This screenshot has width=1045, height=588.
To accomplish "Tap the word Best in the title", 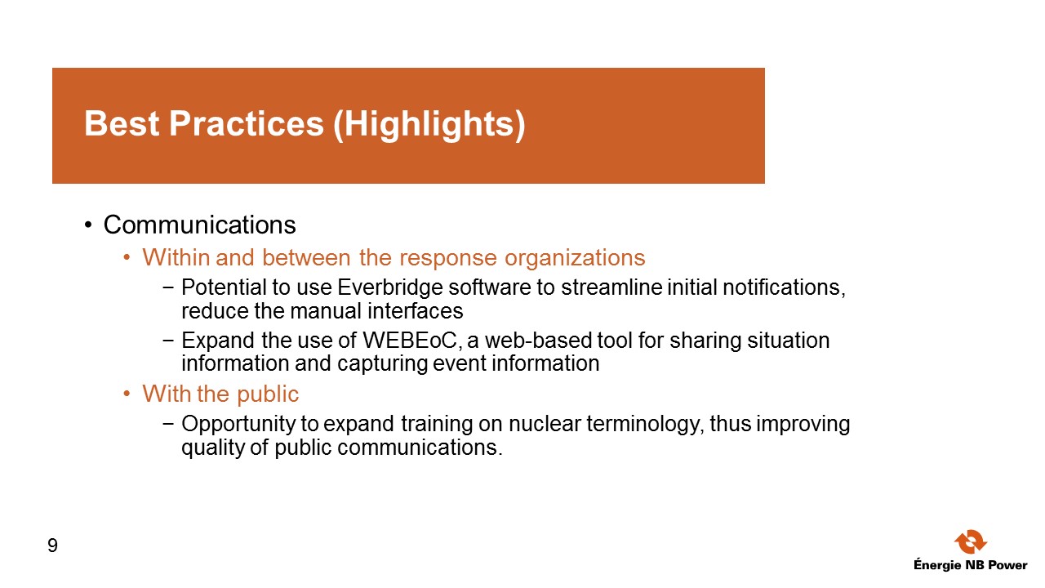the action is pyautogui.click(x=122, y=123).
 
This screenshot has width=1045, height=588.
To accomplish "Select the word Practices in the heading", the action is pyautogui.click(x=247, y=123).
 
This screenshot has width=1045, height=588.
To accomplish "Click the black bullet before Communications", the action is pyautogui.click(x=88, y=225).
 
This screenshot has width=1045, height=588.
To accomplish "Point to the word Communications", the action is pyautogui.click(x=200, y=225).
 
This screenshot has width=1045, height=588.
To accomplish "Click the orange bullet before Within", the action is pyautogui.click(x=127, y=257).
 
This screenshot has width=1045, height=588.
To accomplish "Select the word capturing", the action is pyautogui.click(x=382, y=364).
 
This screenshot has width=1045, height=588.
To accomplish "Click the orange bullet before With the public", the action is pyautogui.click(x=127, y=394).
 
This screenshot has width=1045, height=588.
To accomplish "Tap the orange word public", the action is pyautogui.click(x=268, y=394).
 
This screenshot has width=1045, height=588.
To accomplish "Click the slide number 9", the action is pyautogui.click(x=53, y=546).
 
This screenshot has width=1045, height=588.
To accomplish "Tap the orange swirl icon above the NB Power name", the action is pyautogui.click(x=971, y=541).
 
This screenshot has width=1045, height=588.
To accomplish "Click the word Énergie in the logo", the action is pyautogui.click(x=937, y=564).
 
